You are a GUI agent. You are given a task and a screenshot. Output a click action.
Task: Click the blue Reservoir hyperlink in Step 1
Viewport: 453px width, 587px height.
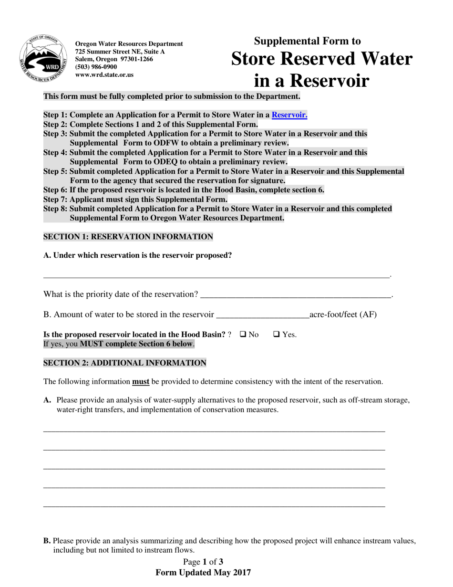pyautogui.click(x=289, y=115)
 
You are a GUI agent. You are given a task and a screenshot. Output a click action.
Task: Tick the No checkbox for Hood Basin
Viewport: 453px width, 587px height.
pyautogui.click(x=242, y=335)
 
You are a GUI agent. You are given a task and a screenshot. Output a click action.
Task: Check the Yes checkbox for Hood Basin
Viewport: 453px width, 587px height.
pyautogui.click(x=276, y=335)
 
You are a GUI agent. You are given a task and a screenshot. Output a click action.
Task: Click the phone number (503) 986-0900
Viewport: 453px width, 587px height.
pyautogui.click(x=96, y=67)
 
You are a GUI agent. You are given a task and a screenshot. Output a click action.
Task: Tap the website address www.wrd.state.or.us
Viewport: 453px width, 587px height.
pyautogui.click(x=104, y=74)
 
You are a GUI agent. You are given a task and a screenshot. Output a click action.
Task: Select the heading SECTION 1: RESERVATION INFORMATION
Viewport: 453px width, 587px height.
pyautogui.click(x=128, y=237)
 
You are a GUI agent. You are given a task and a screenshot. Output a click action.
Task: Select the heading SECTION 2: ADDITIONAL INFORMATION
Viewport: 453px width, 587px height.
pyautogui.click(x=124, y=363)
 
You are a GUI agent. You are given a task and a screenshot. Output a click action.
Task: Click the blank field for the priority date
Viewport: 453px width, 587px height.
pyautogui.click(x=296, y=295)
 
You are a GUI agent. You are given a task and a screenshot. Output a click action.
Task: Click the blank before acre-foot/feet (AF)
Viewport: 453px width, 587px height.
pyautogui.click(x=262, y=315)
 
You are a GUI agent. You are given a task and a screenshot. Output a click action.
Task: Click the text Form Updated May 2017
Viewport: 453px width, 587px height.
pyautogui.click(x=203, y=572)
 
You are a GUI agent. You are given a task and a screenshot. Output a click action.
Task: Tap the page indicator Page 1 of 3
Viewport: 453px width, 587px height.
pyautogui.click(x=203, y=562)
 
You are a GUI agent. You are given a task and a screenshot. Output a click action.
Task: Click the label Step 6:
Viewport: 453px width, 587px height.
pyautogui.click(x=55, y=190)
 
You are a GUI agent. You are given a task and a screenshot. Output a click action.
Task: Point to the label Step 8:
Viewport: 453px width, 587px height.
pyautogui.click(x=55, y=209)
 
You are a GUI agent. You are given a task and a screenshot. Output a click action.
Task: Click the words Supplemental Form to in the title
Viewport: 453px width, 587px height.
pyautogui.click(x=307, y=41)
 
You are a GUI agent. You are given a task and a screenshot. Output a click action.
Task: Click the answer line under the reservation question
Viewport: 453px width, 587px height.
pyautogui.click(x=217, y=275)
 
